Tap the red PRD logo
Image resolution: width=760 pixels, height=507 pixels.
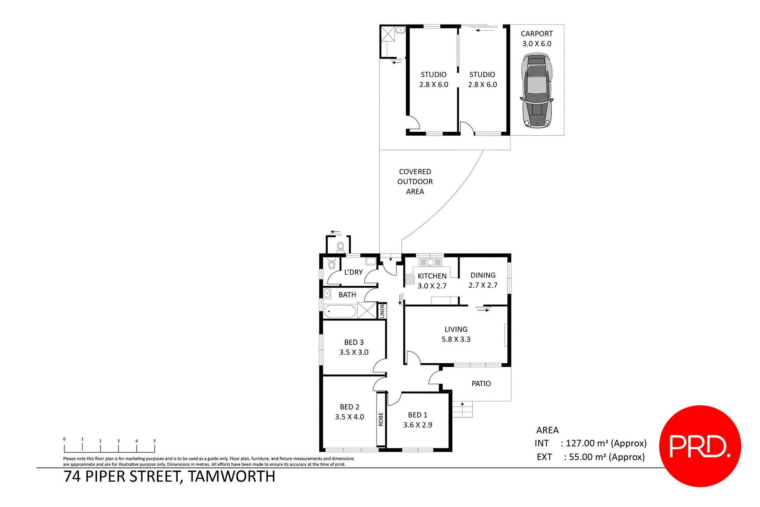coord(700,446)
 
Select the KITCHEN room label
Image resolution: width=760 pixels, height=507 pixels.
coord(432,276)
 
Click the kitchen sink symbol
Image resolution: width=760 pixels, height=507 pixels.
coord(430,262)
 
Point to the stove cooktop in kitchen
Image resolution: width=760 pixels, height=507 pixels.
coord(410,280)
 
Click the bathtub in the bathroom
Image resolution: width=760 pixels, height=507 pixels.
coord(340,312)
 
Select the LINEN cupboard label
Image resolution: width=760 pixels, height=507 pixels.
coord(382,311)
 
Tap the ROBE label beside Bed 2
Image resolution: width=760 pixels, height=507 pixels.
coord(381,419)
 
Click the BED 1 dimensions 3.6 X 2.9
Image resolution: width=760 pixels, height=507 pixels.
coord(418,425)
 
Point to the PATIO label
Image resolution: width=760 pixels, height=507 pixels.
coord(481,384)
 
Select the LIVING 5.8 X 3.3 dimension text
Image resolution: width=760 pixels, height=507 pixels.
coord(456,339)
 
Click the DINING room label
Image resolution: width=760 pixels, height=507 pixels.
coord(483,275)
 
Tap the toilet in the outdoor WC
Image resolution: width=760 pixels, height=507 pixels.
coord(340,248)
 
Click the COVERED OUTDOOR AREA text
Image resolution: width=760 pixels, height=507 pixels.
coord(415,182)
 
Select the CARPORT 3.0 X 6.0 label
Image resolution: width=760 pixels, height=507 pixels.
coord(537,39)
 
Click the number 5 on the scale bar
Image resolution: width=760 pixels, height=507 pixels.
coord(154,441)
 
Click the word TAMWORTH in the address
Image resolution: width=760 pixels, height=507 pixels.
coord(231,477)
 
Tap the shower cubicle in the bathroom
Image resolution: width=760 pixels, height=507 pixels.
coord(367,310)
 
